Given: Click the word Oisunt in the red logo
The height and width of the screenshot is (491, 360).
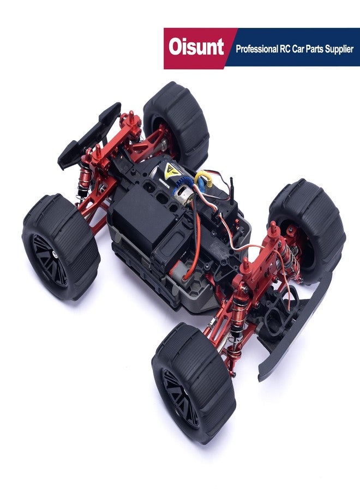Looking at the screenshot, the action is click(196, 47).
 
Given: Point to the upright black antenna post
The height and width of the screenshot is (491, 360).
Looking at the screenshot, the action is click(232, 190).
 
